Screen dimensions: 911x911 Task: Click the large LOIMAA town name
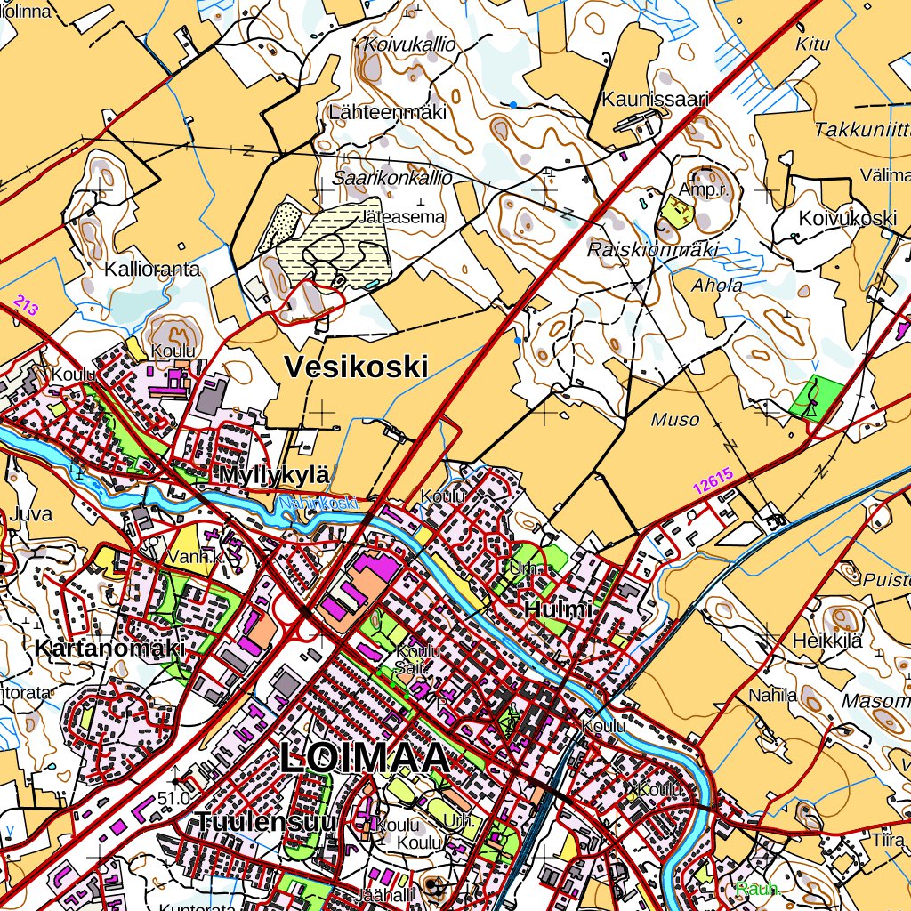[x=365, y=759]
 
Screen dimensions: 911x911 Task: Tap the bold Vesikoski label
[x=356, y=367]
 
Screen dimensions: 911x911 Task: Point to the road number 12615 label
[x=713, y=480]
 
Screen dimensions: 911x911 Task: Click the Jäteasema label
[x=402, y=216]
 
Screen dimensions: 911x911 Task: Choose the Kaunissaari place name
[x=655, y=99]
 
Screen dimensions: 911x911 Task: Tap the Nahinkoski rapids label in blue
[x=318, y=504]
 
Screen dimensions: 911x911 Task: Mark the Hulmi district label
[x=558, y=610]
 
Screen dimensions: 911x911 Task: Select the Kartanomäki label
[x=109, y=649]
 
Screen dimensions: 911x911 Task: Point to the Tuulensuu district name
[x=266, y=821]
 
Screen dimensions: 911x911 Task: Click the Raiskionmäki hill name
[x=652, y=250]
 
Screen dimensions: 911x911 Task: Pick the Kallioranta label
[x=152, y=269]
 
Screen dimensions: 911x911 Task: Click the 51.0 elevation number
[x=173, y=798]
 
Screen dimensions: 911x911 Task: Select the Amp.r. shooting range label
[x=704, y=189]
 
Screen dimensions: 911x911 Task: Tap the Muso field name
[x=675, y=420]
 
